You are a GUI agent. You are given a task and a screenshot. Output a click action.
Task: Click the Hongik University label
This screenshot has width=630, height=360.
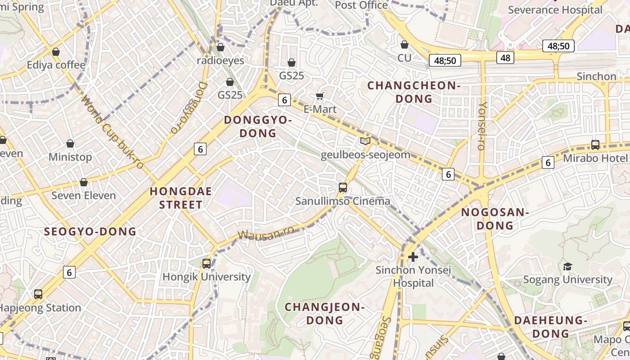(x=206, y=277)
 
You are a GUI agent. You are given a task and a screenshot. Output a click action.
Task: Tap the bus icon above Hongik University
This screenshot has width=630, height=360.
(x=207, y=264)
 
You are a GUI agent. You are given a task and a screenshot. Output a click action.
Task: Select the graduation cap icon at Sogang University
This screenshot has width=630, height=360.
(x=567, y=266)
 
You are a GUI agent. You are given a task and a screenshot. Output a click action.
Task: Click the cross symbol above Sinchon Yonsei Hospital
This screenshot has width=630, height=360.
(x=413, y=257)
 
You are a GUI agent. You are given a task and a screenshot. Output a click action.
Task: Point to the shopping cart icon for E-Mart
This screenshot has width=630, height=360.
(x=320, y=96)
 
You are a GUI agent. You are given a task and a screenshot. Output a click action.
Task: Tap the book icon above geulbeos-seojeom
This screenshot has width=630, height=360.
(x=365, y=141)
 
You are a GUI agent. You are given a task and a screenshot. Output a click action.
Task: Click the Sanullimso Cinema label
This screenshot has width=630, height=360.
(x=342, y=201)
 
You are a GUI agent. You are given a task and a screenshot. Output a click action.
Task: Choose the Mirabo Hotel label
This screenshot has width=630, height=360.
(x=595, y=158)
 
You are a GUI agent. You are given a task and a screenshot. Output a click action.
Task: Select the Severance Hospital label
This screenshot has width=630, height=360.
(x=555, y=10)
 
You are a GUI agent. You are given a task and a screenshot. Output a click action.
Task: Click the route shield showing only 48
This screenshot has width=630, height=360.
(x=505, y=57)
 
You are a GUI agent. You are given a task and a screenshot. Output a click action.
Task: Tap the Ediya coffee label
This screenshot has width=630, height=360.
(x=56, y=65)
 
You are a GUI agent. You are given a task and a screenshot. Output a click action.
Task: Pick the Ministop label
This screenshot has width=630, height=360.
(x=70, y=157)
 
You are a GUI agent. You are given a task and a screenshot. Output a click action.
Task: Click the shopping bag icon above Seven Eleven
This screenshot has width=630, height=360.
(x=84, y=182)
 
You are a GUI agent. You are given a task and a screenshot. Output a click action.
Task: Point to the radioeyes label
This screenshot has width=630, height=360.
(x=220, y=60)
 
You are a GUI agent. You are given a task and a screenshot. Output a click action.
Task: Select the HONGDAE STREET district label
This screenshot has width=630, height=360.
(x=180, y=198)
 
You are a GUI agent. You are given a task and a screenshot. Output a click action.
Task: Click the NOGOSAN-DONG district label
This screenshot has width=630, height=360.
(x=495, y=219)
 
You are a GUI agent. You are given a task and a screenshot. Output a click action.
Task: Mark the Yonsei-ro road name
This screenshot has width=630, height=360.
(x=482, y=126)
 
